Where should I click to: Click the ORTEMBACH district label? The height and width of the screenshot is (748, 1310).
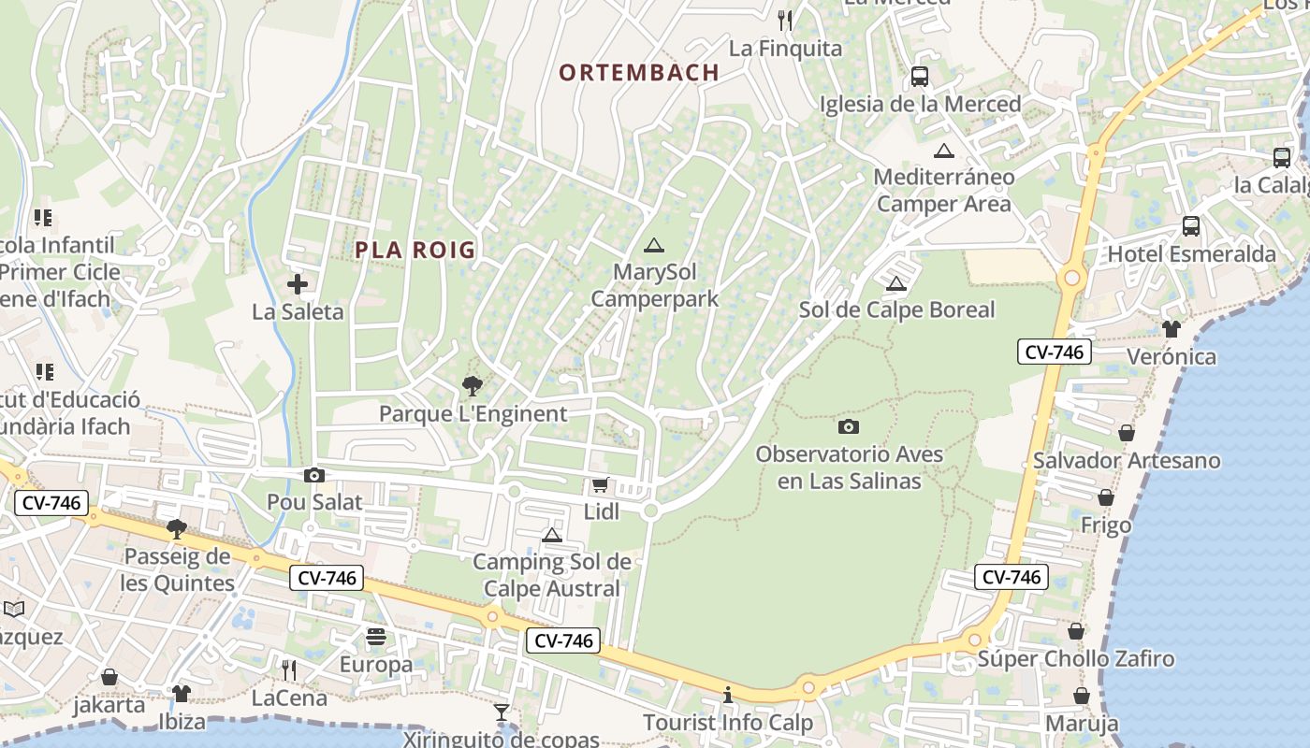point(639,72)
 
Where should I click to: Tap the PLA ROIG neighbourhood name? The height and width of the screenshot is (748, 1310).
point(415,250)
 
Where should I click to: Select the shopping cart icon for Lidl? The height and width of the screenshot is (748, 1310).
point(601,485)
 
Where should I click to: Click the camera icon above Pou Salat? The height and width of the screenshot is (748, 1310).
point(314,475)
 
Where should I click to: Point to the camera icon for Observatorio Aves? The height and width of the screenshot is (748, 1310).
point(849,426)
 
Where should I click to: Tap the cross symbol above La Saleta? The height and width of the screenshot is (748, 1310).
point(298,284)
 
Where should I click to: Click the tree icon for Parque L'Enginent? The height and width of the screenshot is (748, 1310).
point(473,385)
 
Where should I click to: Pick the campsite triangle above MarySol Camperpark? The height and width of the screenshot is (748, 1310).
point(654,245)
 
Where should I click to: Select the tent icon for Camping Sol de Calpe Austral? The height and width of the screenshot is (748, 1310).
point(552,535)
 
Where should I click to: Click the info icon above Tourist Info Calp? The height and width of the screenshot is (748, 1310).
point(728,695)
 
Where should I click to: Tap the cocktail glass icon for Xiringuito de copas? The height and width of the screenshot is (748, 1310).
point(502,712)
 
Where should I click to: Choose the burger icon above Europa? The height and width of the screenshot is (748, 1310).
point(376,637)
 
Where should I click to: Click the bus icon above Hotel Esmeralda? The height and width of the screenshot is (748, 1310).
point(1191,225)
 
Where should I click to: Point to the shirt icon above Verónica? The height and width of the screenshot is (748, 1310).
point(1172,328)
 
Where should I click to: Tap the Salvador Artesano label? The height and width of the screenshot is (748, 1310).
point(1127,460)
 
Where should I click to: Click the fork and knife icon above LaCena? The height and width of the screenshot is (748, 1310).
point(289,669)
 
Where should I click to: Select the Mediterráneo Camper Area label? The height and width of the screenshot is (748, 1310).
point(944,190)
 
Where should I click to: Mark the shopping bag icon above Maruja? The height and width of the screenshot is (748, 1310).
point(1082,696)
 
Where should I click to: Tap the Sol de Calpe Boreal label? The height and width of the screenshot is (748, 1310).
point(896,309)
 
